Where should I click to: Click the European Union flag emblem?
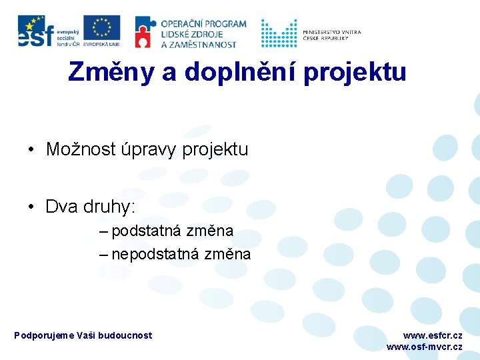coord(102,27)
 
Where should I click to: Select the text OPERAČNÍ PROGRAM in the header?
coord(203,24)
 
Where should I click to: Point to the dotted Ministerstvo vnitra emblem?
coord(279,33)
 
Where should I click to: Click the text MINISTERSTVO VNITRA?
coord(331,31)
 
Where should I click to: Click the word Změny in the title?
coord(111,71)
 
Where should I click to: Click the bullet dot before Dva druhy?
coord(32,207)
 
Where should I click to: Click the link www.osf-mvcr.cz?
coord(424,347)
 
